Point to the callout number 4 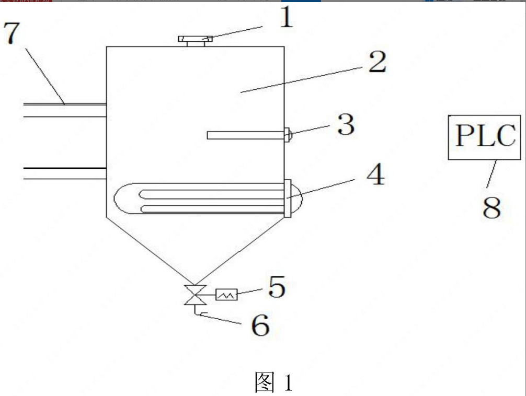(375, 175)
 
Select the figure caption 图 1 (272, 383)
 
